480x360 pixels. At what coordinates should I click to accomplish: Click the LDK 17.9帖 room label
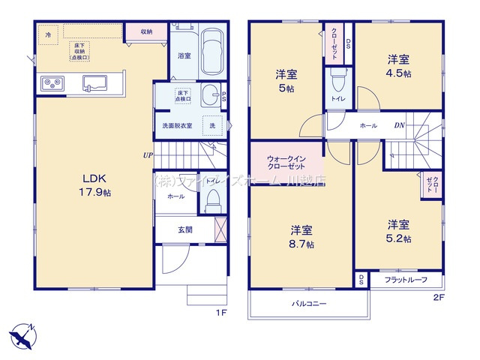coord(94,185)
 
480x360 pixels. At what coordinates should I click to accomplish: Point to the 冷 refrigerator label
coord(49,34)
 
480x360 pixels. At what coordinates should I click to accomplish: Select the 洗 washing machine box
coord(214,125)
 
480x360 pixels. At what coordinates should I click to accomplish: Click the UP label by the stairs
coord(148,156)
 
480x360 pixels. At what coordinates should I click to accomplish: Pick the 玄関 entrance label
coord(185,229)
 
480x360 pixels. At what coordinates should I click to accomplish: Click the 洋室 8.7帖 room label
coord(301,236)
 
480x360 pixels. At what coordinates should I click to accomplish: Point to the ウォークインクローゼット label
coord(286,161)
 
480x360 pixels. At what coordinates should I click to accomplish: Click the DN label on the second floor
coord(400,125)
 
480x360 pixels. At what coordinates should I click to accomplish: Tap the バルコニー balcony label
coord(309,304)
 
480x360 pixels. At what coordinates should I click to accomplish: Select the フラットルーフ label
coord(406,280)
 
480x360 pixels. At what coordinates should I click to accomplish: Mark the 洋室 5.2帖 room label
coord(398,229)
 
